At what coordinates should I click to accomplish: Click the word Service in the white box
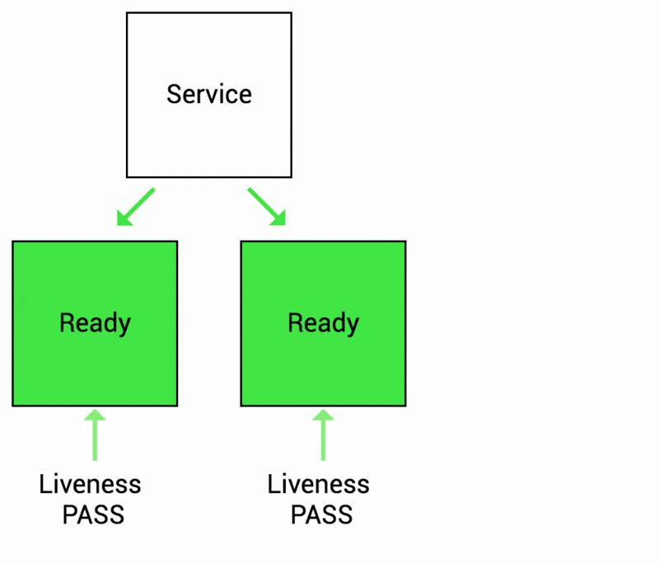pyautogui.click(x=208, y=94)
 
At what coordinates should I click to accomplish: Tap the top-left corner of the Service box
pyautogui.click(x=127, y=13)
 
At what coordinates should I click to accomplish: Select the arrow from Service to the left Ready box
pyautogui.click(x=136, y=206)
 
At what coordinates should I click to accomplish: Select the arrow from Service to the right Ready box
pyautogui.click(x=266, y=206)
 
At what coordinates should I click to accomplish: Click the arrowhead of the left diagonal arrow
pyautogui.click(x=122, y=220)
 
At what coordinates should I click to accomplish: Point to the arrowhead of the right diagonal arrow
pyautogui.click(x=280, y=220)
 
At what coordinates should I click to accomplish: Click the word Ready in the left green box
pyautogui.click(x=95, y=322)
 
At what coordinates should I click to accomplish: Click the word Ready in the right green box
pyautogui.click(x=323, y=322)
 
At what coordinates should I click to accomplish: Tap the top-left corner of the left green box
pyautogui.click(x=13, y=242)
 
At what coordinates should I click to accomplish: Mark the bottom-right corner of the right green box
pyautogui.click(x=405, y=406)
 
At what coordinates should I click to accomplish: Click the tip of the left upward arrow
pyautogui.click(x=96, y=411)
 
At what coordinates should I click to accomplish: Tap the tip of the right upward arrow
pyautogui.click(x=323, y=411)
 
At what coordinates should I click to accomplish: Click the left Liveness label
pyautogui.click(x=90, y=484)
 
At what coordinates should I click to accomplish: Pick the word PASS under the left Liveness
pyautogui.click(x=93, y=515)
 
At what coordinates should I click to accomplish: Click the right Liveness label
pyautogui.click(x=318, y=484)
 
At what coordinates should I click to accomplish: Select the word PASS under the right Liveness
pyautogui.click(x=321, y=515)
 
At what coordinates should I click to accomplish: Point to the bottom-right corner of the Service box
pyautogui.click(x=291, y=176)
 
